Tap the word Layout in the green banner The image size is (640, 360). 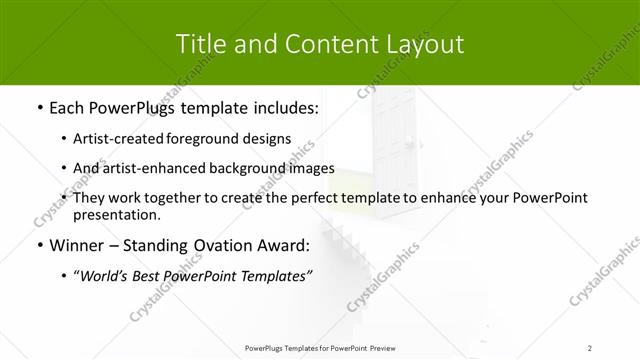pyautogui.click(x=426, y=45)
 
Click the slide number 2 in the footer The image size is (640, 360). pyautogui.click(x=590, y=347)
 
